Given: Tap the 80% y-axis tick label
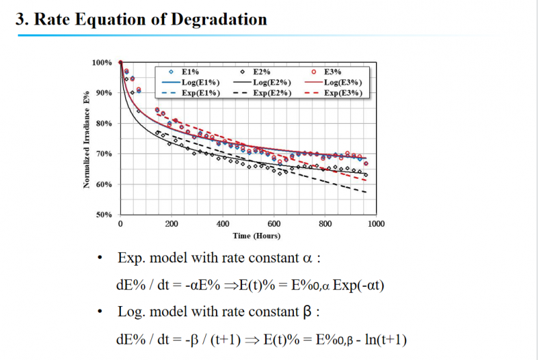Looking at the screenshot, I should tap(105, 124).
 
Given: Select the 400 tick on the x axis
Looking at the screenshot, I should tap(223, 223).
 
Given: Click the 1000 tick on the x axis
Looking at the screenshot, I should tap(376, 223).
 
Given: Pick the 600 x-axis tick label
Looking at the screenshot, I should tap(274, 223).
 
